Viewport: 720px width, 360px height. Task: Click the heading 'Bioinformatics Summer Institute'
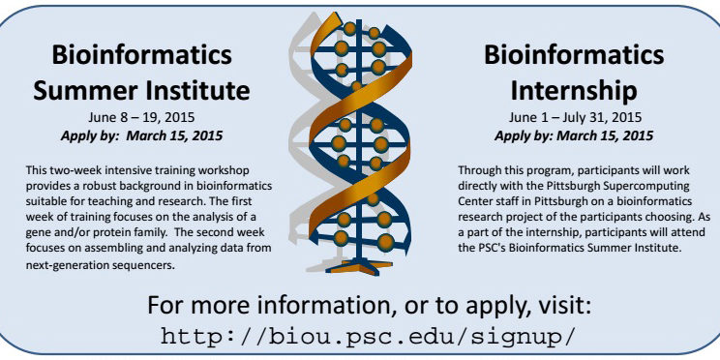point(142,73)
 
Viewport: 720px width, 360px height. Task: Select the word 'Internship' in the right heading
point(575,91)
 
